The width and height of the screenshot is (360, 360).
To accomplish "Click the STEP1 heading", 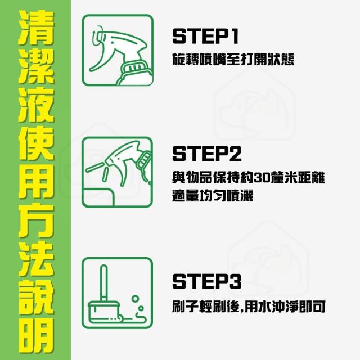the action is (205, 36).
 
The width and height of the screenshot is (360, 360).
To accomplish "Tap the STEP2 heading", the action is (207, 154).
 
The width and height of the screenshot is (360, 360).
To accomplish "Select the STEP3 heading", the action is (207, 281).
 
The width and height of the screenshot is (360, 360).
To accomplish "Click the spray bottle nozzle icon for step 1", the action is (118, 50).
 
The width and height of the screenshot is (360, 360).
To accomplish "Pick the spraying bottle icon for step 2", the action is (118, 172).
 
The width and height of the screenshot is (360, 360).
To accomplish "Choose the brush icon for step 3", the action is (118, 293).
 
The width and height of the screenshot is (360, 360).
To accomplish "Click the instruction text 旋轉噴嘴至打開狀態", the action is (233, 60).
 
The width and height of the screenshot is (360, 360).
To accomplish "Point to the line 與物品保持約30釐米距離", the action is (249, 178).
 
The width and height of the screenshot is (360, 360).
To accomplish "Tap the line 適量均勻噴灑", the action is (213, 196).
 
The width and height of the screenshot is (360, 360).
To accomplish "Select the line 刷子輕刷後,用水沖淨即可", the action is (249, 306).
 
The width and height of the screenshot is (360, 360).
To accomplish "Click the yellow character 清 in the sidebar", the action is (36, 28).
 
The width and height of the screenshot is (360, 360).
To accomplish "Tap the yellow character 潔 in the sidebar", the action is (36, 66).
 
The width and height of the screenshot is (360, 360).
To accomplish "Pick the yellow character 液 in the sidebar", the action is (36, 105).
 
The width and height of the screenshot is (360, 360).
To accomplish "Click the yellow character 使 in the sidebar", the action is (36, 143).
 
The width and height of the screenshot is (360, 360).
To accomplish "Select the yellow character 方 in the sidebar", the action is (36, 220).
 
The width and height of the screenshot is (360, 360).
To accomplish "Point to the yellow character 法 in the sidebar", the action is (36, 259).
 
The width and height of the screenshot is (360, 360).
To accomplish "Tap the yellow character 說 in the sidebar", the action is (36, 297).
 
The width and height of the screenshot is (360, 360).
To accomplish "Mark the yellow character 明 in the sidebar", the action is (36, 335).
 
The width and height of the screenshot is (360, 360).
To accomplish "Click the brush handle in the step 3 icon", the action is (103, 283).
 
